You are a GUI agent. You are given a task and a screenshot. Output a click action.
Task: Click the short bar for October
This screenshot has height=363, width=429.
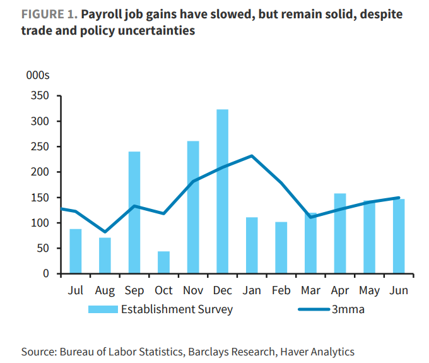pyautogui.click(x=163, y=262)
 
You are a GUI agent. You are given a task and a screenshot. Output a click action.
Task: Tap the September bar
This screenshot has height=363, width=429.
pyautogui.click(x=134, y=212)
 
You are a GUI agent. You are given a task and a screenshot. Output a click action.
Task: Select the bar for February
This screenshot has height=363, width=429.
pyautogui.click(x=281, y=247)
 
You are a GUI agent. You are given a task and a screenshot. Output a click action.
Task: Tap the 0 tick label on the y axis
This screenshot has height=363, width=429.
pyautogui.click(x=45, y=273)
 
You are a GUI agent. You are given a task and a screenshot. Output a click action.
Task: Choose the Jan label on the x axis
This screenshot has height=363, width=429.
pyautogui.click(x=252, y=290)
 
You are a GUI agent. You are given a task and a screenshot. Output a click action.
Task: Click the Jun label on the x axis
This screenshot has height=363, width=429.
pyautogui.click(x=399, y=290)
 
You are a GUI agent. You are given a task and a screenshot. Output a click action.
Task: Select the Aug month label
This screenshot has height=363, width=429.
pyautogui.click(x=105, y=290)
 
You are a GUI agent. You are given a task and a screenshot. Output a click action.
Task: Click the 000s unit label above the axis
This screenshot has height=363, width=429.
pyautogui.click(x=38, y=76)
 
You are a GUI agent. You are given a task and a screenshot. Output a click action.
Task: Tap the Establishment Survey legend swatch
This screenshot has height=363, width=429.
pyautogui.click(x=103, y=309)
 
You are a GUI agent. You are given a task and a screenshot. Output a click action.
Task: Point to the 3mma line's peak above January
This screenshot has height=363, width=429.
pyautogui.click(x=252, y=156)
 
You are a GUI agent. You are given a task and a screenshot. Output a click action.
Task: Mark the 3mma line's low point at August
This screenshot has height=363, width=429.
pyautogui.click(x=105, y=232)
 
